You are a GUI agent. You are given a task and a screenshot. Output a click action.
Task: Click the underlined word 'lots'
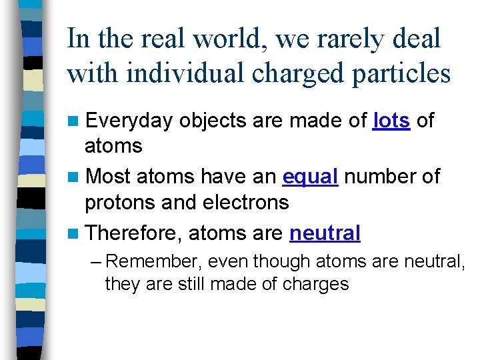pyautogui.click(x=392, y=121)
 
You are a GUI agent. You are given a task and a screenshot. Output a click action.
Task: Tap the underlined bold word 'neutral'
pyautogui.click(x=325, y=233)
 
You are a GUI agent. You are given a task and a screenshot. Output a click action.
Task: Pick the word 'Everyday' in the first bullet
pyautogui.click(x=129, y=121)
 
